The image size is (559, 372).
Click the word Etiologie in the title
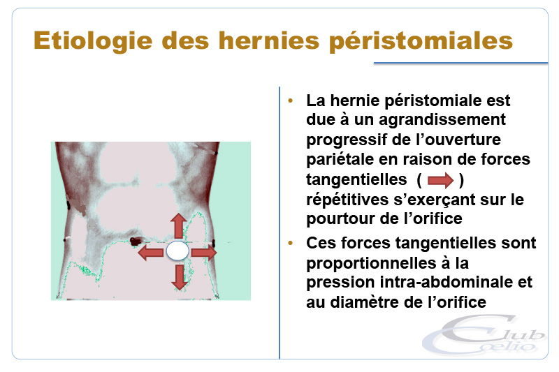coord(93,41)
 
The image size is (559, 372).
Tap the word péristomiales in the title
coord(421,42)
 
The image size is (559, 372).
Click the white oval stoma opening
coord(177,251)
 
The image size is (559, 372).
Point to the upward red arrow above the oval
coord(179,225)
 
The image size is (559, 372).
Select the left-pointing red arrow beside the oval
coord(150,253)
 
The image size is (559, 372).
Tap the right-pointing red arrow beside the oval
coord(204,253)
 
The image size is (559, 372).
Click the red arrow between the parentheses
coord(441,180)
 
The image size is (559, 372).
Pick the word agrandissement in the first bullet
coord(442,120)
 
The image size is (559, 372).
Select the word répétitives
coord(347,200)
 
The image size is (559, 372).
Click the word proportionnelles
coord(371,264)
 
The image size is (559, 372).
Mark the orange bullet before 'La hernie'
coord(291,101)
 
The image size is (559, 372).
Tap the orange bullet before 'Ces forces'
coord(291,243)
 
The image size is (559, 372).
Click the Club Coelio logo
coord(484,335)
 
